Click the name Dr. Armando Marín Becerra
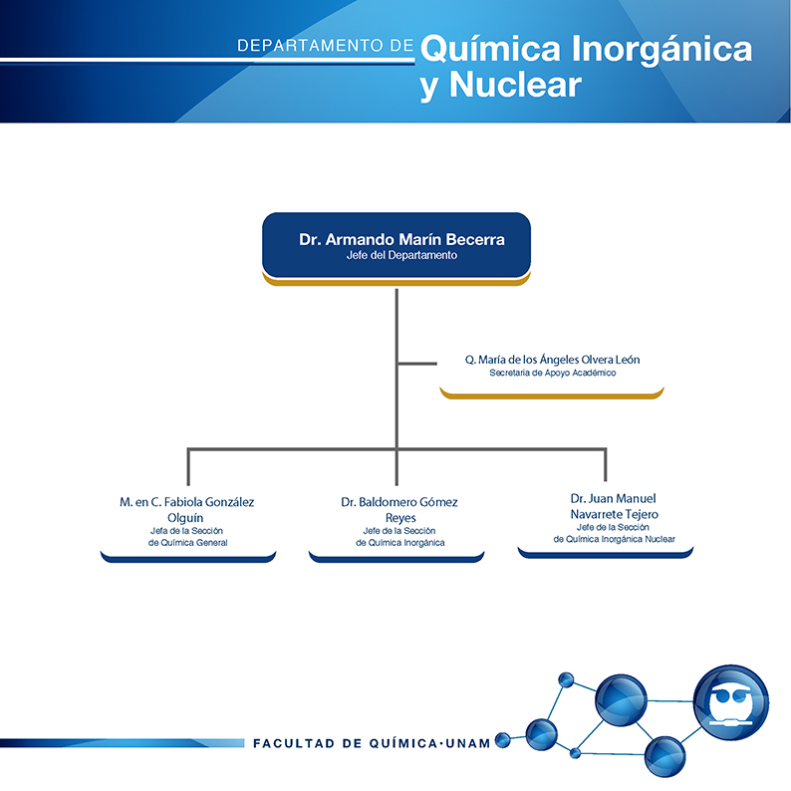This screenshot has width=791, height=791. click(401, 239)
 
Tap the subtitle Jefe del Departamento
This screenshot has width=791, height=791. click(401, 255)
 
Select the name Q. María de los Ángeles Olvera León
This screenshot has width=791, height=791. click(552, 360)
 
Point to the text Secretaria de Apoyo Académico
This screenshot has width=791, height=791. click(552, 373)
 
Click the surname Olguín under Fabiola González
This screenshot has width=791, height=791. click(185, 518)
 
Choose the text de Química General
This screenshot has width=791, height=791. click(187, 543)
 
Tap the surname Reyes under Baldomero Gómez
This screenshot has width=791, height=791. click(400, 518)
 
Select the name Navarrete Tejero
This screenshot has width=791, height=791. click(614, 514)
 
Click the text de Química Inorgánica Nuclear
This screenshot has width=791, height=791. click(614, 539)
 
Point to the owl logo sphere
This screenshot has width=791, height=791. click(731, 702)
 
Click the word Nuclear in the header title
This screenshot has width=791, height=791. click(515, 85)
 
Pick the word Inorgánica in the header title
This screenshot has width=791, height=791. click(661, 50)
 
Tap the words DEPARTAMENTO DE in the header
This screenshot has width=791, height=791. click(325, 46)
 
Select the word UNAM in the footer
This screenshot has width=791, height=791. click(468, 743)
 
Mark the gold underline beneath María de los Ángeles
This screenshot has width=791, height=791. click(552, 394)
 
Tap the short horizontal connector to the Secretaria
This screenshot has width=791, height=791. click(416, 364)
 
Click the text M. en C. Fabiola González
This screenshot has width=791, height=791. click(186, 502)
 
